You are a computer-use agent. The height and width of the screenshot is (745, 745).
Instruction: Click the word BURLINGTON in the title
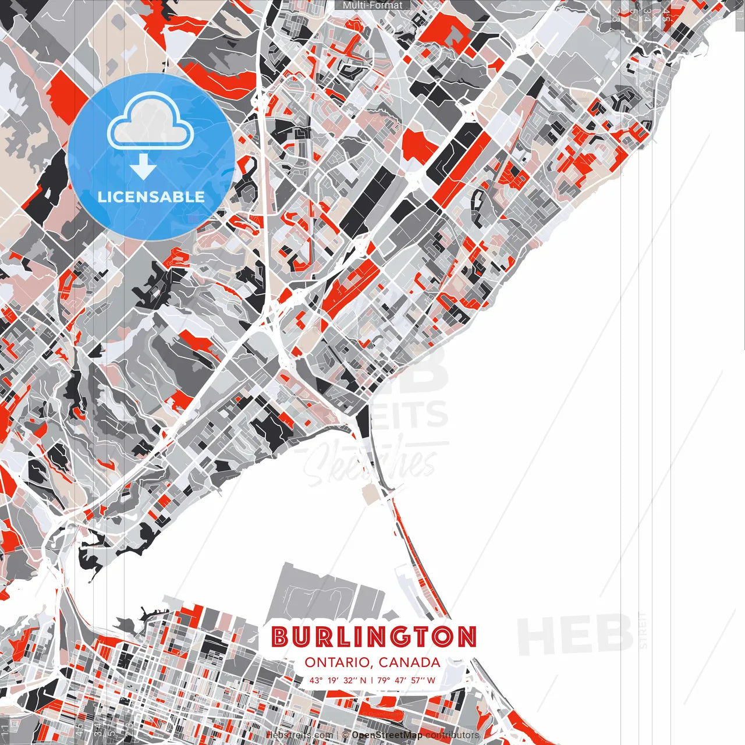coord(374,637)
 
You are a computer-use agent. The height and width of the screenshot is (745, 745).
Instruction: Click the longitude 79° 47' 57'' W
coord(406,680)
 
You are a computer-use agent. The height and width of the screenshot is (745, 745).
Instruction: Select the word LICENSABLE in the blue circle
coord(151,197)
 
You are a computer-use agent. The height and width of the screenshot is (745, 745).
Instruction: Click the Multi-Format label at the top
coord(372,5)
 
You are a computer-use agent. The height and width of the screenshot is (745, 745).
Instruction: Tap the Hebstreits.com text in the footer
coord(300,735)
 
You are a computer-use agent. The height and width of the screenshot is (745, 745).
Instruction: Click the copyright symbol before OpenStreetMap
coord(346,735)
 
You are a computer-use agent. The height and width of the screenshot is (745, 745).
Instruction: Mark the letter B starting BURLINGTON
coord(281,637)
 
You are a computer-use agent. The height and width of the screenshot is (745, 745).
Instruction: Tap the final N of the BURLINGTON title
coord(466,637)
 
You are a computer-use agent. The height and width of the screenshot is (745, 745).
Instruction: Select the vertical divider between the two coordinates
coord(373,680)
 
